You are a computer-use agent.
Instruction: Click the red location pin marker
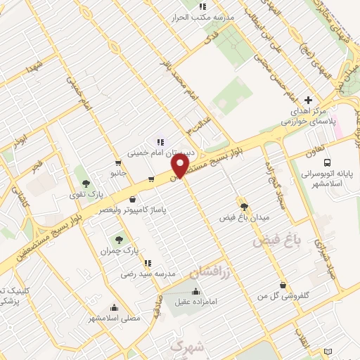click(x=181, y=167)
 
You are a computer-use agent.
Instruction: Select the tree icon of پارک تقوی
click(x=86, y=183)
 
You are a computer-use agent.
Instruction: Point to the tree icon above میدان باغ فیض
click(x=244, y=207)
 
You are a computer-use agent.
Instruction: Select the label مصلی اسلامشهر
click(x=115, y=318)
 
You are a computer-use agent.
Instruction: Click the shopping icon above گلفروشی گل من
click(x=283, y=285)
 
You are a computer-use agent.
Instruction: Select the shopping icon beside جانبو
click(x=151, y=179)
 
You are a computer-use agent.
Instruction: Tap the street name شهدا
click(x=32, y=69)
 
